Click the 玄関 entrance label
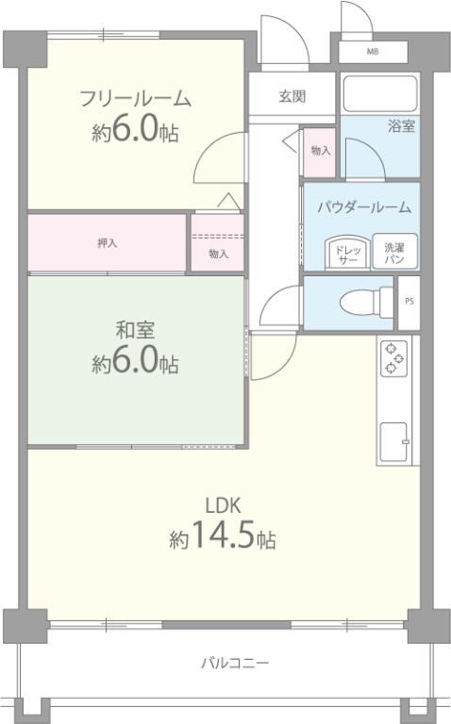click(292, 96)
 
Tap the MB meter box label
click(373, 52)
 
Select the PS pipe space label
click(409, 301)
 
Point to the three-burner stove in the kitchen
click(393, 358)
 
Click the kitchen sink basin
click(393, 441)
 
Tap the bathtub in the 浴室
click(380, 94)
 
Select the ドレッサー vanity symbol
click(347, 254)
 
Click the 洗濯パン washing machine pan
click(394, 252)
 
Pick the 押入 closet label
click(108, 243)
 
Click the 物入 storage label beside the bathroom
click(321, 151)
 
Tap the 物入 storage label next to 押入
click(218, 254)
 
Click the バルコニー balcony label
click(235, 664)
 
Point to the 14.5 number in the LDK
click(223, 535)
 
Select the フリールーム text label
click(135, 99)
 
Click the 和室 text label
click(135, 330)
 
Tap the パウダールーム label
click(364, 206)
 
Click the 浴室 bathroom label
click(401, 126)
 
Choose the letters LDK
click(223, 505)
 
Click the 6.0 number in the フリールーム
click(135, 128)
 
